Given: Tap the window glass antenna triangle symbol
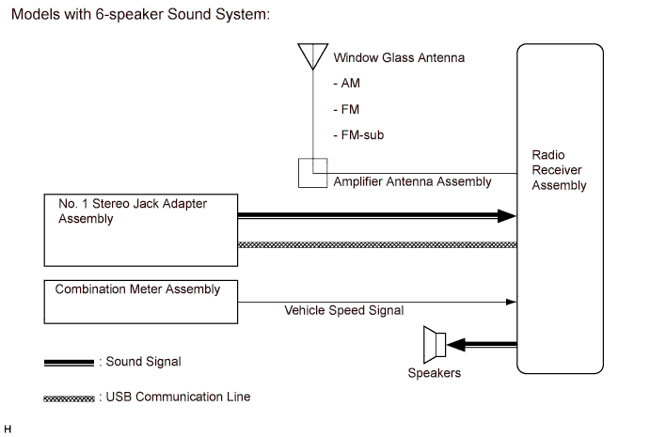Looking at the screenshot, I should [309, 55].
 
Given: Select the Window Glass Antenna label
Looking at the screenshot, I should [399, 58].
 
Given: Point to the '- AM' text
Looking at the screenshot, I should [347, 83].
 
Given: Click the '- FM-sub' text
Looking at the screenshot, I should [358, 135].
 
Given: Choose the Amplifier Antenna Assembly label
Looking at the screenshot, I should [412, 181].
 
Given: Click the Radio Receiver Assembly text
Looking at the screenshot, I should [559, 169].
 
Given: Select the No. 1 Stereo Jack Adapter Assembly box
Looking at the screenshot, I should [140, 229].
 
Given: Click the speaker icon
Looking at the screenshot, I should [435, 344].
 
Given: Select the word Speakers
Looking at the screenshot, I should [435, 372].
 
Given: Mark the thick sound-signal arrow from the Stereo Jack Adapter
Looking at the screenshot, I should [376, 216].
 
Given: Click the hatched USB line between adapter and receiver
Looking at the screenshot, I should [376, 244].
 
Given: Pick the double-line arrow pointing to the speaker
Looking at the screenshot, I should [485, 344].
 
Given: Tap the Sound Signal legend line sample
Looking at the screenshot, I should [68, 362].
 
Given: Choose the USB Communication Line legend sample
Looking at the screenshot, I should [68, 398].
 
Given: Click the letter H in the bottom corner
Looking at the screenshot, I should [8, 429].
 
